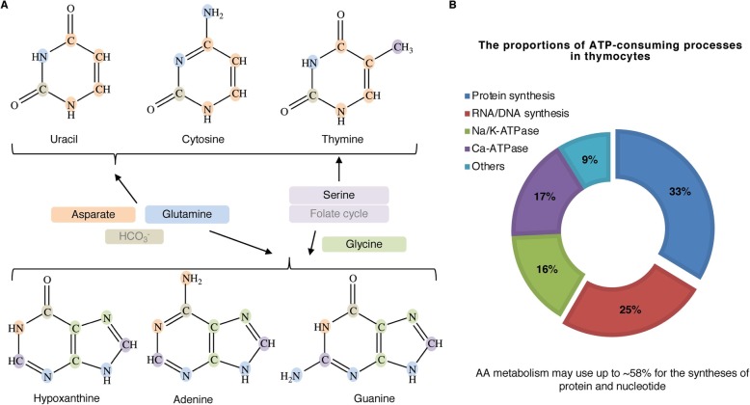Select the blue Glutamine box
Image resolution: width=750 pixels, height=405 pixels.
(x=187, y=212)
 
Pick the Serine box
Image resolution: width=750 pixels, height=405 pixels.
(x=337, y=195)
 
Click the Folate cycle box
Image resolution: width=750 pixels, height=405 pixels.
(x=337, y=213)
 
